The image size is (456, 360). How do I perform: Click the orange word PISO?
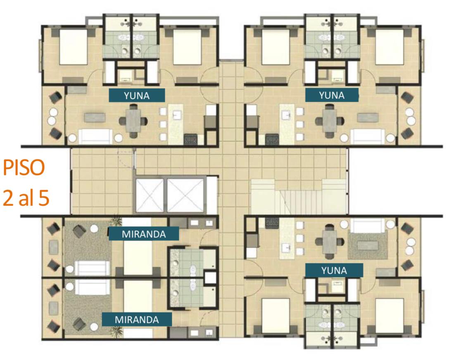(24, 168)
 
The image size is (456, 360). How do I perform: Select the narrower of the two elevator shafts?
(150, 195)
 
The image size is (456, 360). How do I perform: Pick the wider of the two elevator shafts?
(185, 195)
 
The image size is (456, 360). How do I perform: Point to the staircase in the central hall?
(298, 197)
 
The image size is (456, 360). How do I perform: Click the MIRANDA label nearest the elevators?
(144, 234)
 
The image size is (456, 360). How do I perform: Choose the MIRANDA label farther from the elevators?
(137, 319)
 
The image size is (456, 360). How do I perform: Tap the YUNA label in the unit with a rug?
(334, 270)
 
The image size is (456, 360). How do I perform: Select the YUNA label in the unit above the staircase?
(332, 95)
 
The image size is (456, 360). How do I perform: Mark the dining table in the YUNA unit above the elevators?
(133, 121)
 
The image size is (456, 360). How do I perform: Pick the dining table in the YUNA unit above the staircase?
(330, 121)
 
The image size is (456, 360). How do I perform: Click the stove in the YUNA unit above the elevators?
(191, 139)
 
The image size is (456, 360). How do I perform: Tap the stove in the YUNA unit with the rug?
(272, 223)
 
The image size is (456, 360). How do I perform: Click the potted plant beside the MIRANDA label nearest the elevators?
(116, 221)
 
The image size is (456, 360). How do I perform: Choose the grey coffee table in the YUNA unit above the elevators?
(95, 117)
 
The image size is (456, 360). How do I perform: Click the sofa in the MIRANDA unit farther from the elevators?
(93, 287)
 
